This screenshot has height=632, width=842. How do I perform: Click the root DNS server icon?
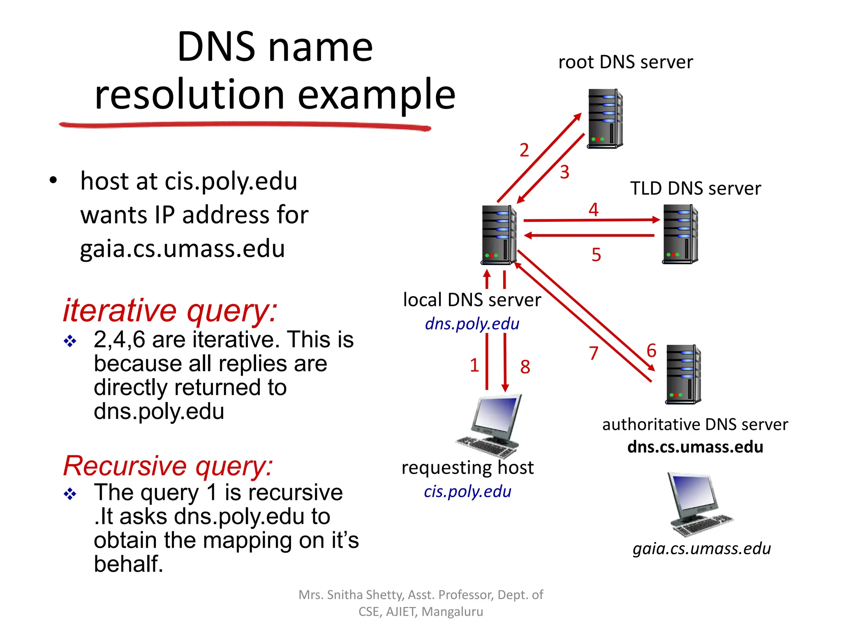pos(605,118)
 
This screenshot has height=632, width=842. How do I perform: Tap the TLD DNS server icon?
pos(680,234)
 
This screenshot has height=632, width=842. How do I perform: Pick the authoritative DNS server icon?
pos(683,374)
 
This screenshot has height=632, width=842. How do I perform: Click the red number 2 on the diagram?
pos(524,150)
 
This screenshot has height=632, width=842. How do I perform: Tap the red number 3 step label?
pos(564,172)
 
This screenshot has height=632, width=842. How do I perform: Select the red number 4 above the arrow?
pos(593,210)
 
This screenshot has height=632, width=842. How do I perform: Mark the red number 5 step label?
pos(596,255)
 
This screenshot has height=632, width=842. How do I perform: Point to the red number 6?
pos(651,351)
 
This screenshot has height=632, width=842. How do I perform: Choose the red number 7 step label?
pos(593,353)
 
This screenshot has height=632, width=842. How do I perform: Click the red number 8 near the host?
pos(525,367)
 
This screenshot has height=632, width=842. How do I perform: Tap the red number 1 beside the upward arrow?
pos(474,365)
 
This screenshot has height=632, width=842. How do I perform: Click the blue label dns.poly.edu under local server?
pos(472,324)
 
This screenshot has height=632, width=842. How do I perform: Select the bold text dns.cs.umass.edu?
pos(695,447)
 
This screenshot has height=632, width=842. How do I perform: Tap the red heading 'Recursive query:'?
pos(168,466)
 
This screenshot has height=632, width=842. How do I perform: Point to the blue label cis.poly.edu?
pos(467,491)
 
